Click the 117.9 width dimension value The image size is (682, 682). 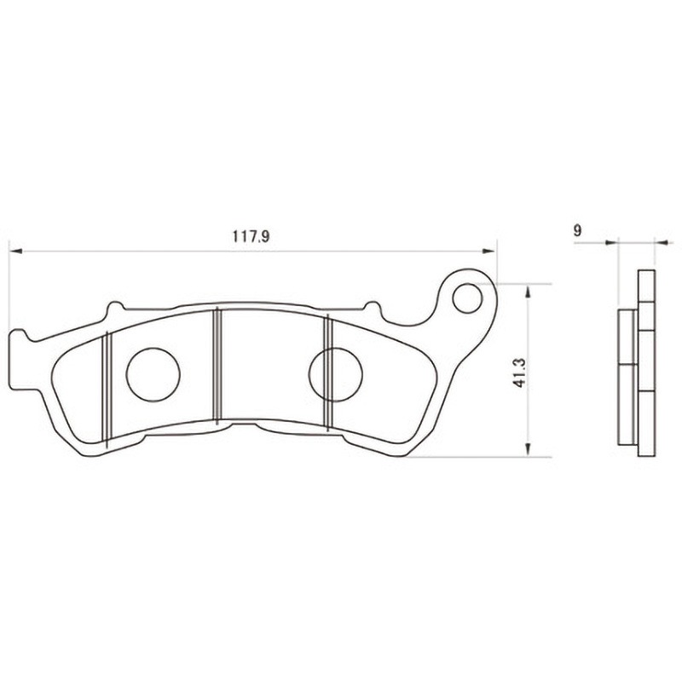[x=251, y=237]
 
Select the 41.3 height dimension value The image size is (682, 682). [x=519, y=373]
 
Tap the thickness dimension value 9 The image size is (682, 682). [x=577, y=230]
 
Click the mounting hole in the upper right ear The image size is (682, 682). [x=467, y=298]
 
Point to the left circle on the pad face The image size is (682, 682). [x=153, y=374]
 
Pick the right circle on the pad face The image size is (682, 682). [x=335, y=374]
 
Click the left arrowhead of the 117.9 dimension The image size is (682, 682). [x=15, y=251]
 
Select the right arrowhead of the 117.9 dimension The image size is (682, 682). [x=488, y=251]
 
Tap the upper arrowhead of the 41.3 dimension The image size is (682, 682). [x=528, y=292]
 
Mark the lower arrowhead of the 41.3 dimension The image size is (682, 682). [x=528, y=450]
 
